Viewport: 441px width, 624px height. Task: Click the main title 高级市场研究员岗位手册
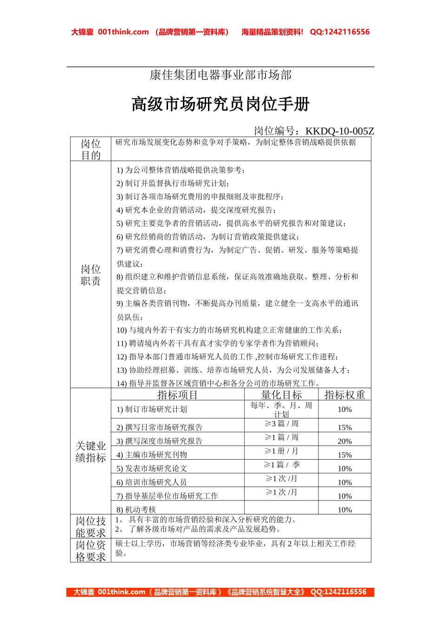[x=220, y=104]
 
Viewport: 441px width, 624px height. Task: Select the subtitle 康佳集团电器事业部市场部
[x=220, y=75]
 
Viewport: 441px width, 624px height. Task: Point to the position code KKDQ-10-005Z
[x=339, y=131]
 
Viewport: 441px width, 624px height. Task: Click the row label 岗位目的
[x=91, y=149]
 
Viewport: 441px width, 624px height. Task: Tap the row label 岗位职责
[x=91, y=275]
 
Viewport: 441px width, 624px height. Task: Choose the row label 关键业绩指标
[x=91, y=452]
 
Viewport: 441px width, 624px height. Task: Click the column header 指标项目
[x=177, y=395]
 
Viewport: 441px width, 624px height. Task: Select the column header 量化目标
[x=281, y=395]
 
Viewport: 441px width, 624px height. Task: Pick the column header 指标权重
[x=344, y=395]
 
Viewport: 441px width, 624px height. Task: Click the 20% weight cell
[x=344, y=441]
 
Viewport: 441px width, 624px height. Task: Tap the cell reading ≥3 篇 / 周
[x=281, y=424]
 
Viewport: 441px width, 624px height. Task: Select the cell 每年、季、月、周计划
[x=281, y=409]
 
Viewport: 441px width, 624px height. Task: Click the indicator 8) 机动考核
[x=136, y=509]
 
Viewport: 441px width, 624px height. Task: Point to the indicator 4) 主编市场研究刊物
[x=152, y=455]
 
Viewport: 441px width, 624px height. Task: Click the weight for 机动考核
[x=344, y=509]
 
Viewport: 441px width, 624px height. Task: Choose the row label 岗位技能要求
[x=91, y=527]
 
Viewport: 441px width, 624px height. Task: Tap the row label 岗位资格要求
[x=91, y=551]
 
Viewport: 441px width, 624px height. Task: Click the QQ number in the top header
[x=340, y=32]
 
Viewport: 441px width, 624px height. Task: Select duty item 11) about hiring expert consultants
[x=218, y=344]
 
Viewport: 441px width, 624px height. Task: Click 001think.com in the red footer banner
[x=122, y=592]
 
